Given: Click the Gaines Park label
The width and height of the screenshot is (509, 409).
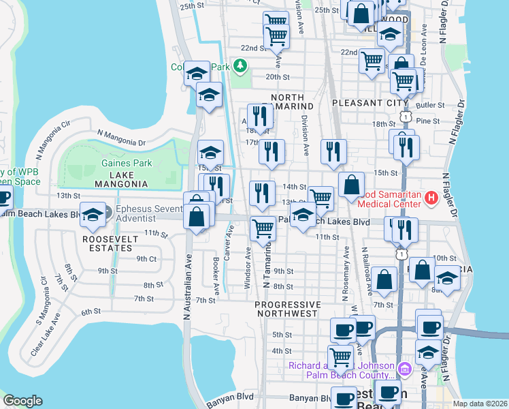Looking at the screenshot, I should [x=127, y=163].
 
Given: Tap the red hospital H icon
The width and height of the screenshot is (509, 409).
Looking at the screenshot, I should [x=430, y=198].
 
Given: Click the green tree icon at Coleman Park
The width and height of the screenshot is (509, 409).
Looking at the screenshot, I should [x=239, y=66].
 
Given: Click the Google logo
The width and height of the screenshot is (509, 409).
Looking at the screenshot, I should [x=22, y=401].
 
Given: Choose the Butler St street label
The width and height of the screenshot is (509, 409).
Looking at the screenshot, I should [x=431, y=106].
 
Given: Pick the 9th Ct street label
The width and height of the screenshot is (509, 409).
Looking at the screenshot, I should [x=146, y=259].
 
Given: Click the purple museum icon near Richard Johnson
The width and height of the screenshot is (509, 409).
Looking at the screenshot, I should [x=405, y=369].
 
